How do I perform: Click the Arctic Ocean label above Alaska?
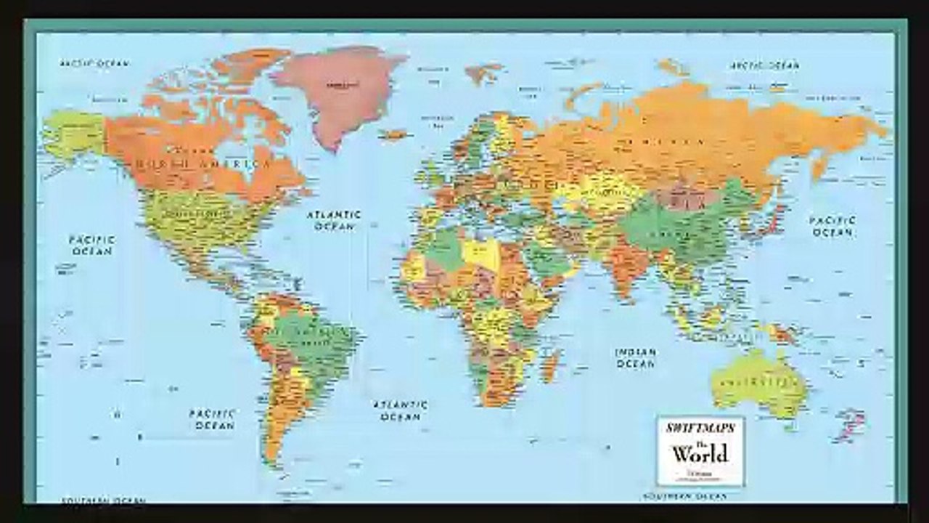[94, 63]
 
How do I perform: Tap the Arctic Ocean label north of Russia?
[764, 65]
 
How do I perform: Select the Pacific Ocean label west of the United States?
[91, 245]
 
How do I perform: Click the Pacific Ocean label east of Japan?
[832, 226]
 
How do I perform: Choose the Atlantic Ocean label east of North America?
[333, 220]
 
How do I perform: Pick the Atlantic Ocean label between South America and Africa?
[401, 410]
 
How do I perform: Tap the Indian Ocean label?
[636, 357]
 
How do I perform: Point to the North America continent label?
[203, 165]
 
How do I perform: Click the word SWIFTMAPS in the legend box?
[700, 428]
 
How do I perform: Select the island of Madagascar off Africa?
[551, 364]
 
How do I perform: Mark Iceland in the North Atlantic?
[394, 134]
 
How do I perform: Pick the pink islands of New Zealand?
[850, 425]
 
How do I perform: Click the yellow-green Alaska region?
[73, 134]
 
